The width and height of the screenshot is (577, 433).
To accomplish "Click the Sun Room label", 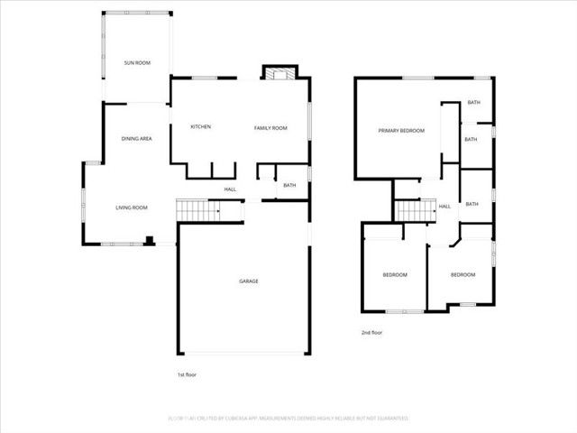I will pyautogui.click(x=137, y=63).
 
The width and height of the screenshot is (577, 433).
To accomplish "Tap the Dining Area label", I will pyautogui.click(x=136, y=138).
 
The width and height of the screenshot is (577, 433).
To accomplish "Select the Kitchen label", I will pyautogui.click(x=200, y=126).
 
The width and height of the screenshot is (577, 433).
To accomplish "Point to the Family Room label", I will pyautogui.click(x=270, y=128).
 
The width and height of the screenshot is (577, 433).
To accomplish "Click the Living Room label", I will pyautogui.click(x=132, y=207).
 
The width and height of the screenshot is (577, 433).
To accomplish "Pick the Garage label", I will pyautogui.click(x=249, y=281).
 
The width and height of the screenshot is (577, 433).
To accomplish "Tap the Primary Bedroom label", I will pyautogui.click(x=400, y=131).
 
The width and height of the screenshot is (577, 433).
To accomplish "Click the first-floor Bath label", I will pyautogui.click(x=289, y=185).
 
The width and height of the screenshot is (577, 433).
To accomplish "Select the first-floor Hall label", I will pyautogui.click(x=230, y=189).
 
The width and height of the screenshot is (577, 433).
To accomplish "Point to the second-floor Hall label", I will pyautogui.click(x=444, y=207).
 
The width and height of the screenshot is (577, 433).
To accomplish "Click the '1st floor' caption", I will pyautogui.click(x=187, y=373).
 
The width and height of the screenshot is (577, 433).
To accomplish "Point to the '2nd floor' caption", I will pyautogui.click(x=371, y=333).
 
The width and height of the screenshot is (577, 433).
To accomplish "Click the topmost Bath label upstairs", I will pyautogui.click(x=473, y=103).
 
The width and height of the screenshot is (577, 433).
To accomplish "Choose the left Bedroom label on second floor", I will pyautogui.click(x=395, y=274).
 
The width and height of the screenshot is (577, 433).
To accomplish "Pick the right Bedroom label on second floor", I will pyautogui.click(x=463, y=274).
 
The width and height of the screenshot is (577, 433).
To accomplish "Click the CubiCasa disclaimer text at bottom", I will pyautogui.click(x=288, y=419).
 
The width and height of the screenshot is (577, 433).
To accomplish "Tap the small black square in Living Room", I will pyautogui.click(x=150, y=240).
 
